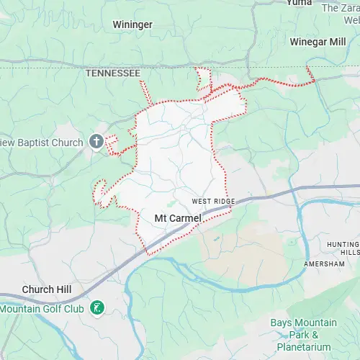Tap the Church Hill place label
pos(47,289)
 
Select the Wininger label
pos(132,24)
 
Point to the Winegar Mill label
pos(318,42)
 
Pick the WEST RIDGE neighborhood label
pos(213,202)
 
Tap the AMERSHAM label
pos(323,264)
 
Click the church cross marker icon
pos(96,142)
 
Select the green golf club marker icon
pos(96,308)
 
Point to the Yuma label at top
pos(299,3)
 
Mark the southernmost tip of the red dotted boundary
pos(149,254)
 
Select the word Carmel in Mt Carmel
pos(186,217)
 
